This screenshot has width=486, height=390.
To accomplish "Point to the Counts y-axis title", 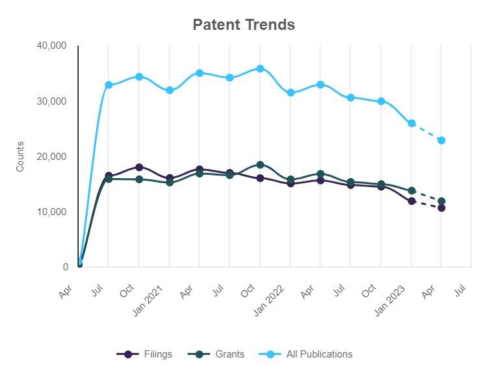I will point(20,156).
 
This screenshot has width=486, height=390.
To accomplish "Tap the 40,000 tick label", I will point(52,45).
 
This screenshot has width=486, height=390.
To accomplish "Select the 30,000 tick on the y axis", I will point(52,101).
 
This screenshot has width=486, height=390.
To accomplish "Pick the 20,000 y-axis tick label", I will point(52,157).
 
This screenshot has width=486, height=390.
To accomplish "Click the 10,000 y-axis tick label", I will point(52,212).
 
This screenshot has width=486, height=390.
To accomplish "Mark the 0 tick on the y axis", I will point(66,267).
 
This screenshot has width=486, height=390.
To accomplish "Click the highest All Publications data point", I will point(260,68).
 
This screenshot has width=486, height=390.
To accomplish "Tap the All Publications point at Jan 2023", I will point(411,123).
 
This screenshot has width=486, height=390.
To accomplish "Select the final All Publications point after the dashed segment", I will point(442,140).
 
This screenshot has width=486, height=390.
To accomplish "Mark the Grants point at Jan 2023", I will point(411,190).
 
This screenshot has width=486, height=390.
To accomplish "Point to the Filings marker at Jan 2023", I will point(411,201).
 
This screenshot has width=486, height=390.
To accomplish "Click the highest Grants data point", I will point(260,164).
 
